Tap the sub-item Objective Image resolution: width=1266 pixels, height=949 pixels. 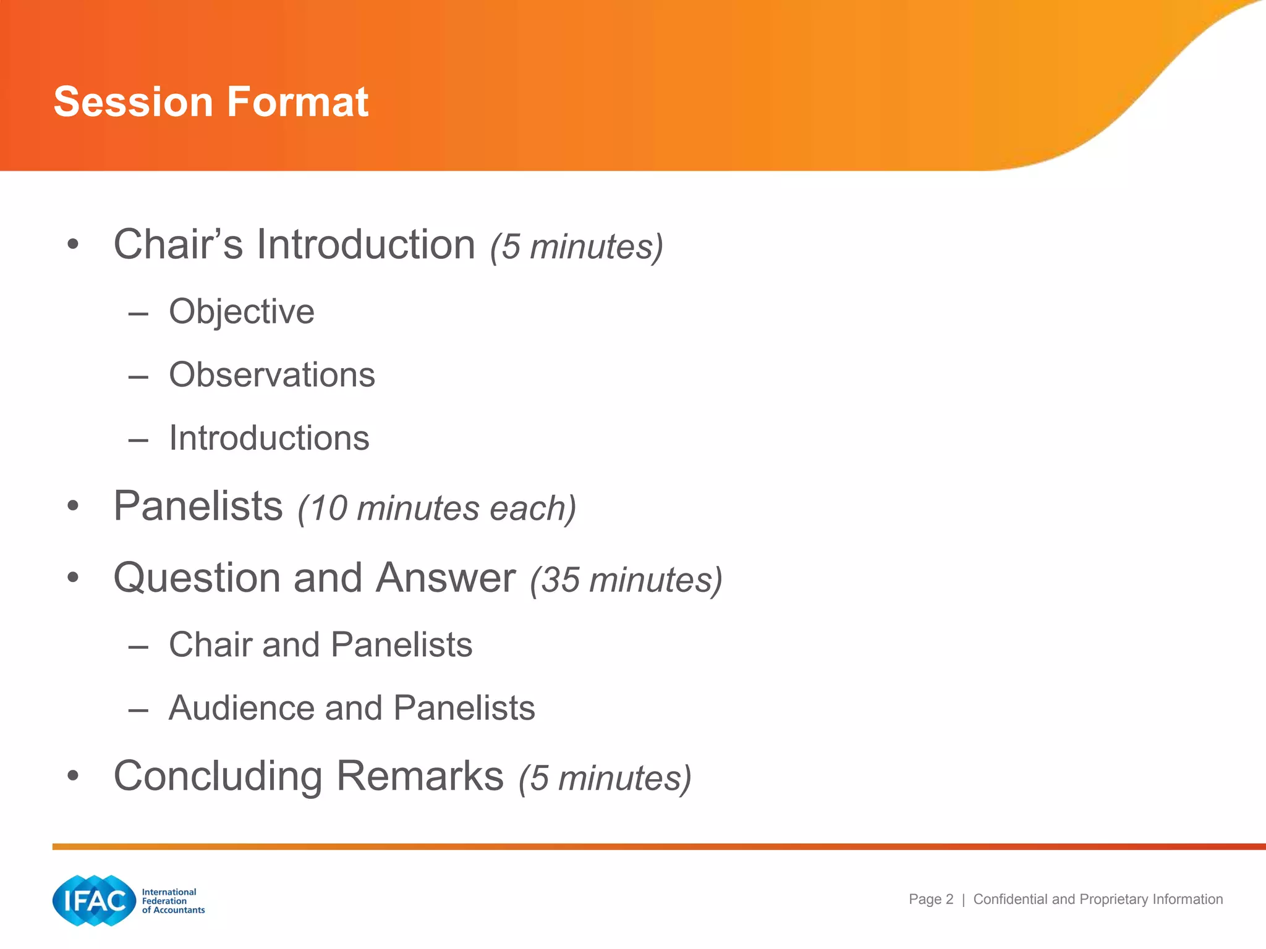pos(241,311)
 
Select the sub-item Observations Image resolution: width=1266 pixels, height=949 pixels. pos(272,375)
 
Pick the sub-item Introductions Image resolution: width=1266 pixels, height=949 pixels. pos(269,438)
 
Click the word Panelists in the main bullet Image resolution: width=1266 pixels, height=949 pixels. pos(198,506)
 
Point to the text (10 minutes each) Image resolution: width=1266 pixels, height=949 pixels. pos(436,508)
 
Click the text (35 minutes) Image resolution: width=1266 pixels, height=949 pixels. pos(626,580)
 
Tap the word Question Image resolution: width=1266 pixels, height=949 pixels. pos(197,578)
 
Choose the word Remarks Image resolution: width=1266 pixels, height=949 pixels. pos(420,776)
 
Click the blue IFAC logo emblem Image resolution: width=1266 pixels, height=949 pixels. pos(94,900)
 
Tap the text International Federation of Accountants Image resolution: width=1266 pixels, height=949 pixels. pos(172,901)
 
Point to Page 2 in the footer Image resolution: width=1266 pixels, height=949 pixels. pos(930,900)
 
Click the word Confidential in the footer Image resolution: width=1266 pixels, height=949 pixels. pos(1010,900)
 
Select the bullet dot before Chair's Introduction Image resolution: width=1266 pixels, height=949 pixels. pos(74,245)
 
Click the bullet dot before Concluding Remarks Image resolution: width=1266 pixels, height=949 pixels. pos(74,776)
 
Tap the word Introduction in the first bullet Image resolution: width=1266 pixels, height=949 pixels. pos(365,245)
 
